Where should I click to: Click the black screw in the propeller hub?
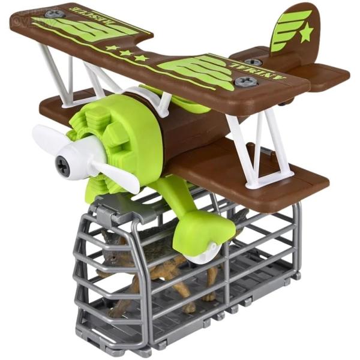click(62, 162)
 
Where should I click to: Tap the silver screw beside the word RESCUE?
click(55, 13)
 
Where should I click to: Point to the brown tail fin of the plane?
click(293, 30)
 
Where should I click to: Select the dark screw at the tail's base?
click(253, 62)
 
